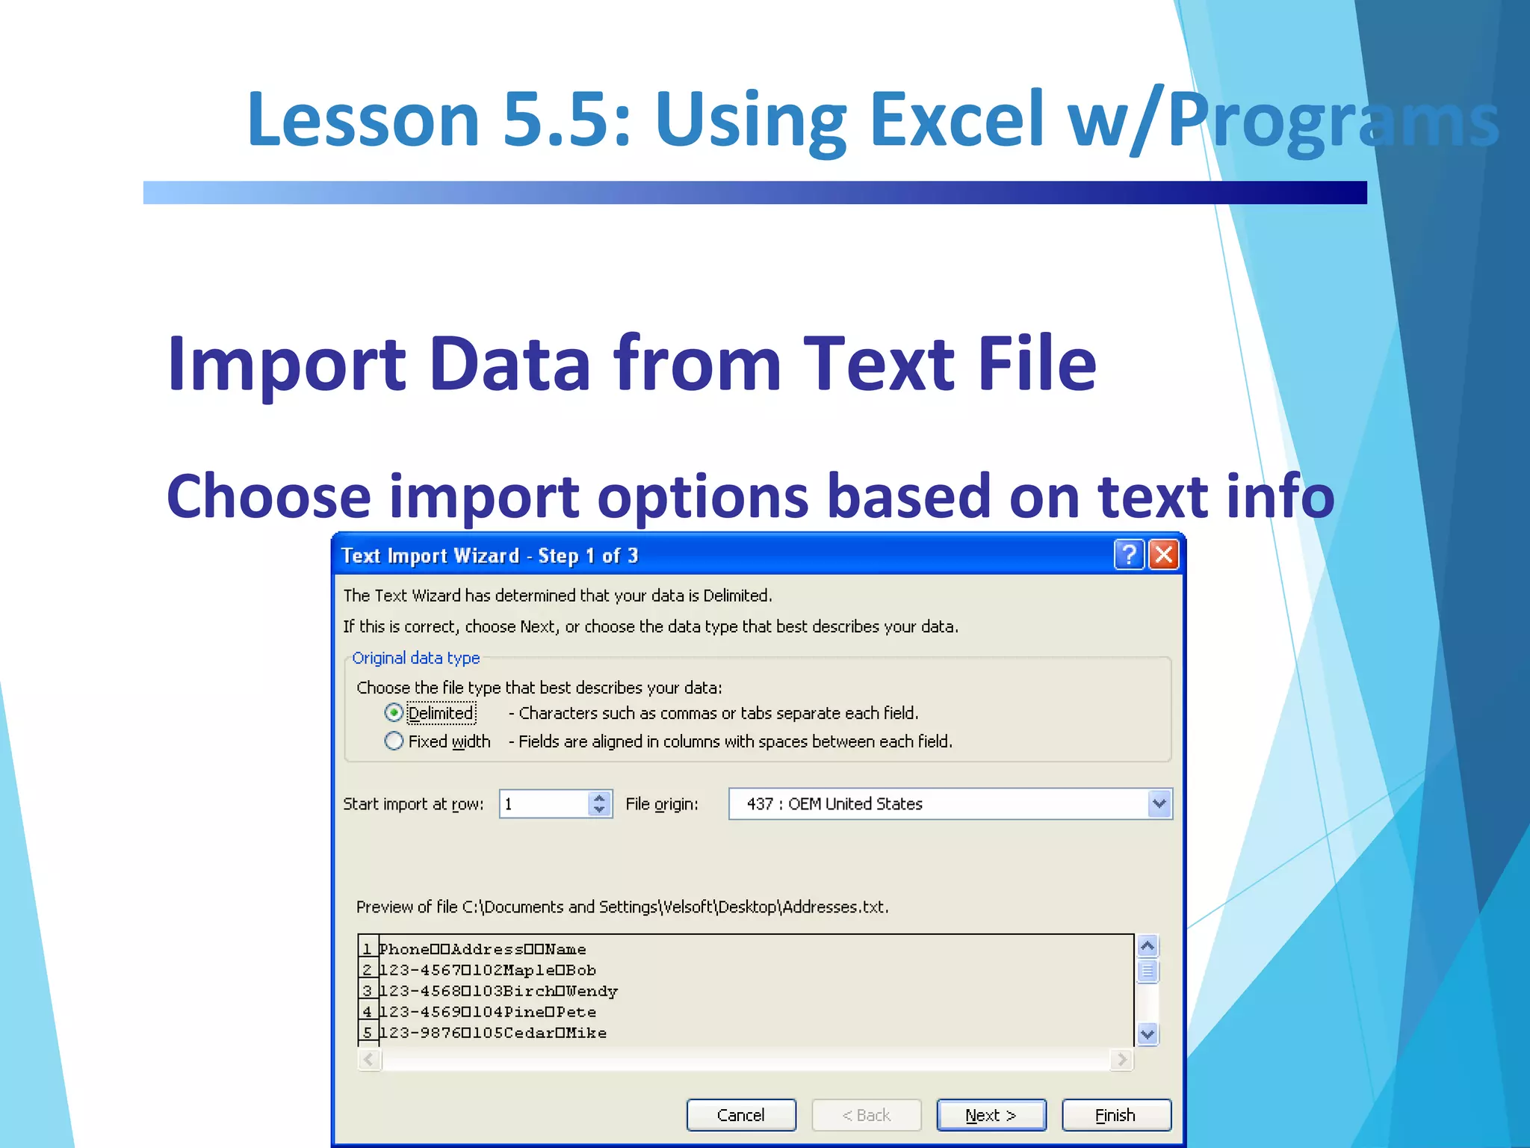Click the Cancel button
click(x=740, y=1115)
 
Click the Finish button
click(x=1115, y=1115)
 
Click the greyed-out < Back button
click(x=866, y=1115)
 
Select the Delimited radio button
click(x=394, y=713)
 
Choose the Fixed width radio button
click(x=394, y=741)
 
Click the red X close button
click(x=1163, y=555)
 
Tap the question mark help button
click(x=1129, y=555)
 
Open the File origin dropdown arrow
click(x=1159, y=804)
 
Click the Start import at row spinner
click(x=599, y=804)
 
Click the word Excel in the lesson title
click(x=956, y=120)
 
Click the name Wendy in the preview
click(x=592, y=991)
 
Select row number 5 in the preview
click(x=367, y=1033)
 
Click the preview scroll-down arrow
click(x=1147, y=1034)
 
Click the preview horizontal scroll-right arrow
click(x=1121, y=1059)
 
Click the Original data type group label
click(x=415, y=658)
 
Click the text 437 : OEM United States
click(x=834, y=804)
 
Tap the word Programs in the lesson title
click(x=1334, y=120)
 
